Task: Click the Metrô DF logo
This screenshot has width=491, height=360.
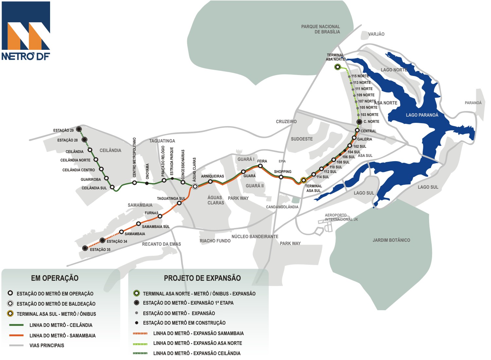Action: [26, 31]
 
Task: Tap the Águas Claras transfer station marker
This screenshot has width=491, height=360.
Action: [195, 186]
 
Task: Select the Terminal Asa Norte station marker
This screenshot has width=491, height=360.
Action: [338, 67]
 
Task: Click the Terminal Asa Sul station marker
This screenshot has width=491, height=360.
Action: [304, 180]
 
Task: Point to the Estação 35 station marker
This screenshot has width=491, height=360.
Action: [85, 248]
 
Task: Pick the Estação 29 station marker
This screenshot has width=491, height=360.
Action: [79, 129]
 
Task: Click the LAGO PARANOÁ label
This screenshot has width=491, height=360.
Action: [422, 115]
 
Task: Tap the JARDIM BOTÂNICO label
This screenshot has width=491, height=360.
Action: [391, 240]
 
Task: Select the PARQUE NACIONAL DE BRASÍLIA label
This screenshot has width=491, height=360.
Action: [321, 29]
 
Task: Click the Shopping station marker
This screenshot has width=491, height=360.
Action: [281, 177]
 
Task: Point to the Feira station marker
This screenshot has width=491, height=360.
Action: [260, 166]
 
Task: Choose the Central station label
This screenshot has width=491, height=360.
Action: [368, 131]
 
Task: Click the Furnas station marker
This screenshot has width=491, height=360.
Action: [160, 217]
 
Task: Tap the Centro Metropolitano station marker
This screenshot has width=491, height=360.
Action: [134, 183]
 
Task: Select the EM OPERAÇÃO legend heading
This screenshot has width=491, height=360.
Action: [55, 278]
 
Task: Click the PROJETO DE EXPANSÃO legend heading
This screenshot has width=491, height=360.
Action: [202, 278]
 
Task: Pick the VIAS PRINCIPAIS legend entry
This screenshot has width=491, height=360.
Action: [47, 345]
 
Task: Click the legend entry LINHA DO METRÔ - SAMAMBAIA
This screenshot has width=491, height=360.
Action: [63, 335]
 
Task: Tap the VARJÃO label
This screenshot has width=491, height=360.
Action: [376, 34]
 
